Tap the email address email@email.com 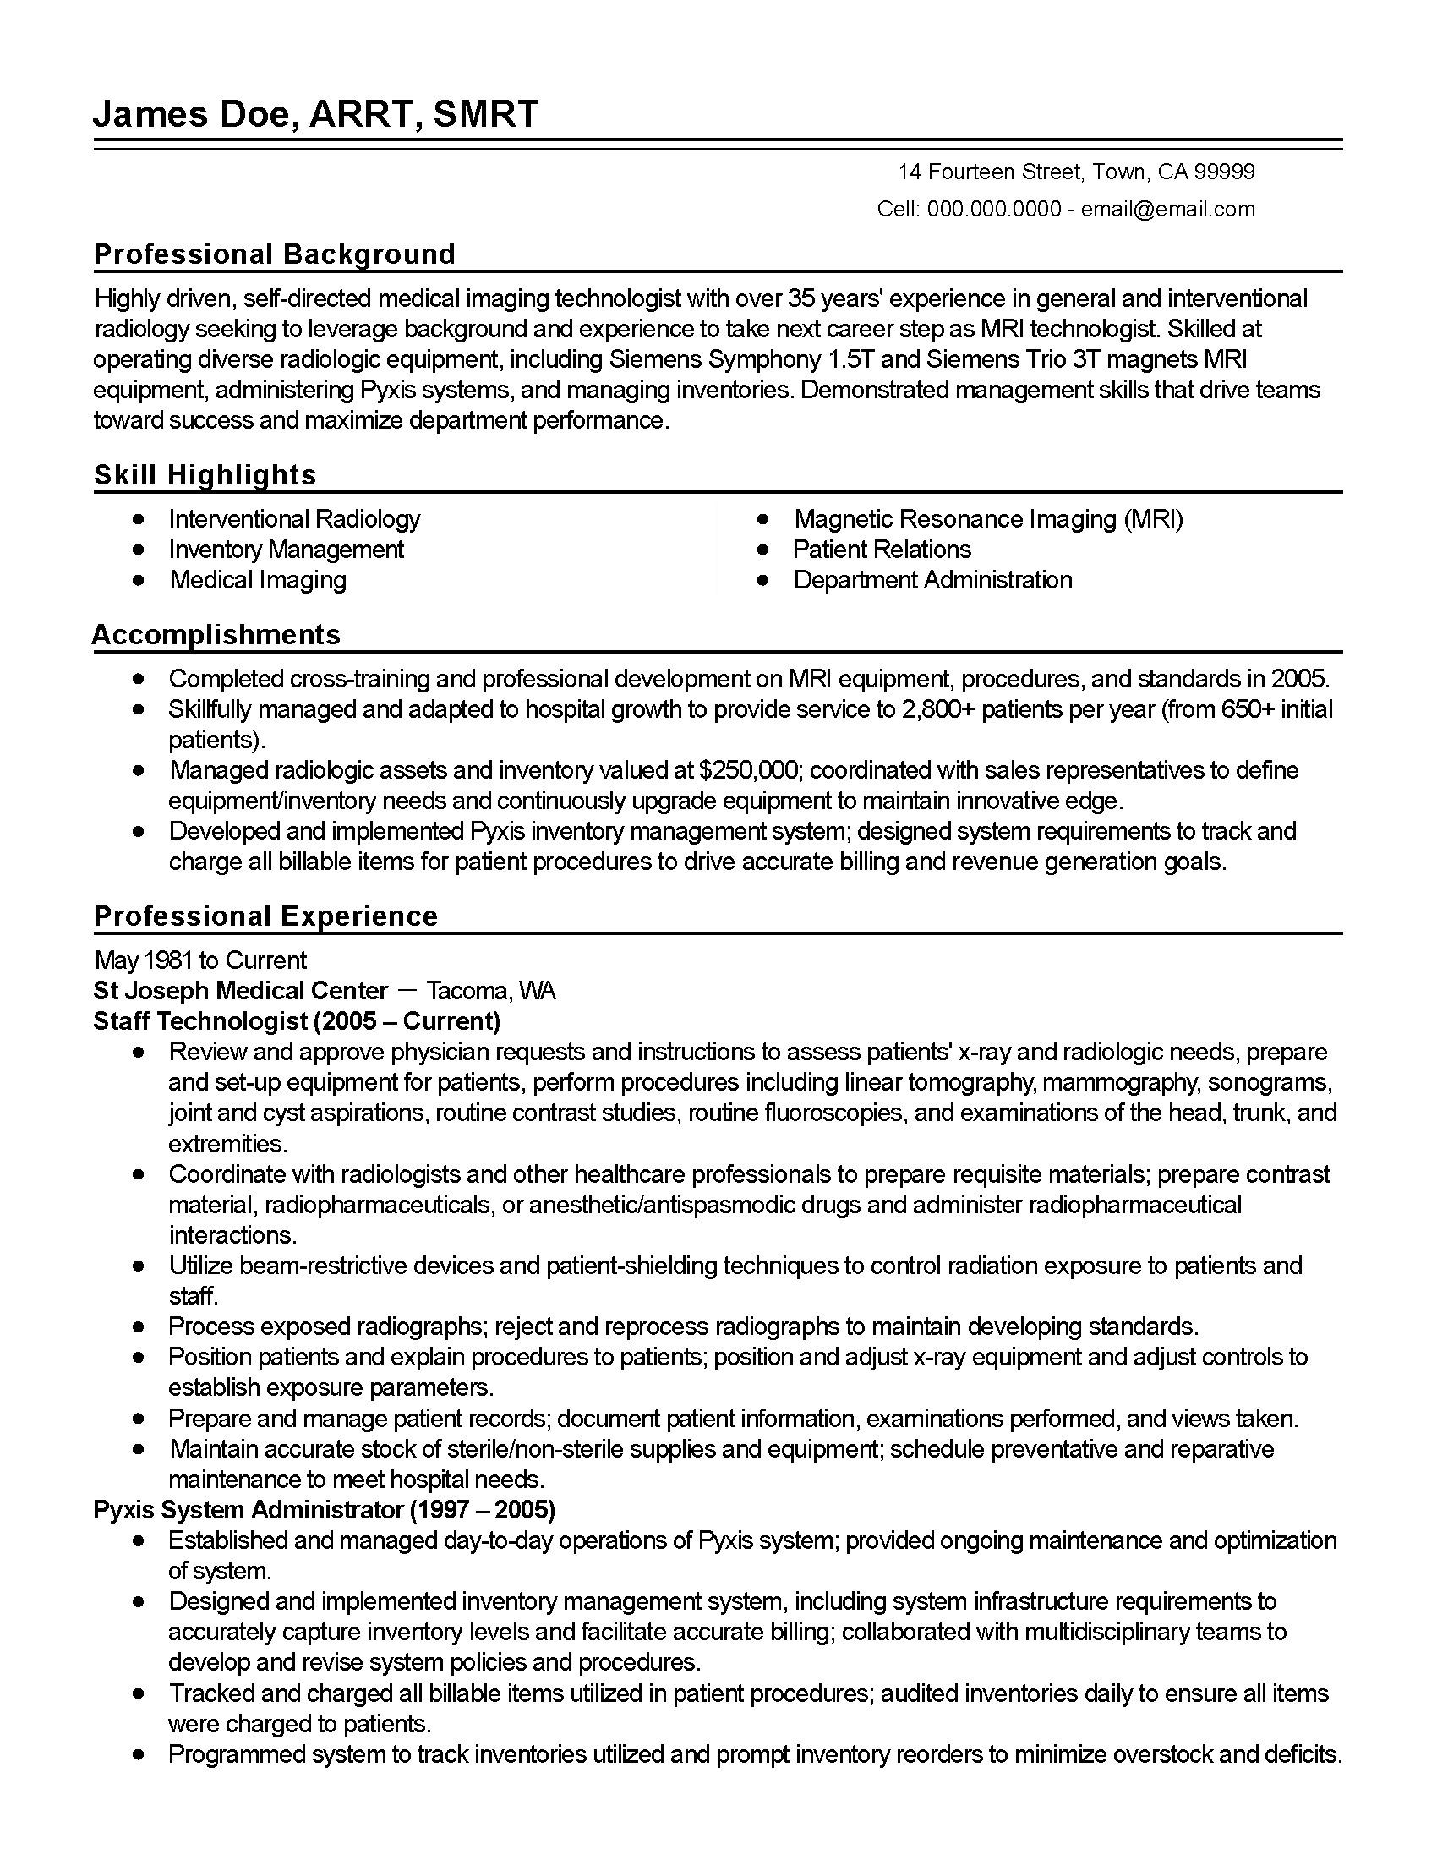1167,210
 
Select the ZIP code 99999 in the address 1224,172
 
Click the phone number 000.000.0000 993,210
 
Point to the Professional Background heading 274,254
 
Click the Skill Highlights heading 205,475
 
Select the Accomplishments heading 216,635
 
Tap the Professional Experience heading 265,916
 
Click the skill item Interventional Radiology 293,519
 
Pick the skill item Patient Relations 881,550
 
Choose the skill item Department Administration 932,581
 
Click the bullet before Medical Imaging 139,581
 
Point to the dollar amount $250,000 748,771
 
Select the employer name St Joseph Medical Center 240,992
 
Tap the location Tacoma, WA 490,992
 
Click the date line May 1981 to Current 200,960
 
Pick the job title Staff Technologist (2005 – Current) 296,1021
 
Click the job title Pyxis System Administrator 249,1511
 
